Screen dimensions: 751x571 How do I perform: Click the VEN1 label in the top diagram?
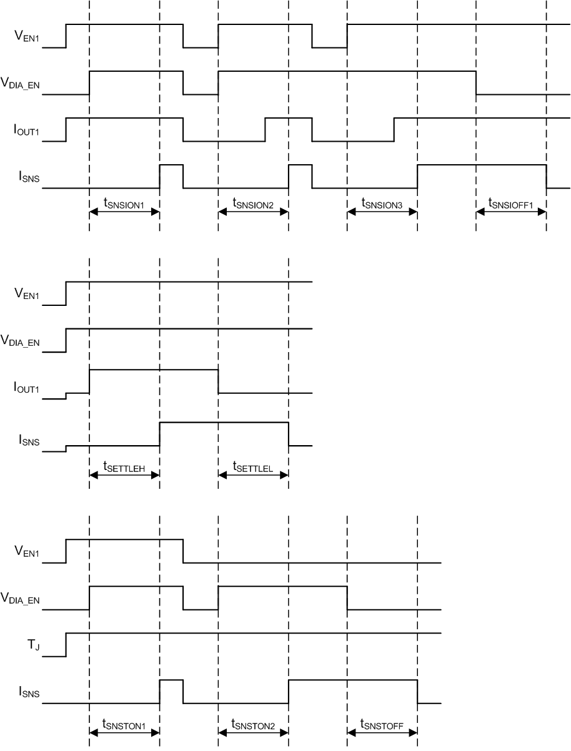tap(27, 36)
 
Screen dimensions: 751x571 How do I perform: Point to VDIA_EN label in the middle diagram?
tap(21, 341)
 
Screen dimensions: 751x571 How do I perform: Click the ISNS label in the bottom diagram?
tap(29, 692)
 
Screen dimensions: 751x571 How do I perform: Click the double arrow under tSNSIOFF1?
tap(511, 212)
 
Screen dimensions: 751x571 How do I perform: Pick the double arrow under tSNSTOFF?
tap(382, 734)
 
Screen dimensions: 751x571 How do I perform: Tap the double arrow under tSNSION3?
tap(382, 212)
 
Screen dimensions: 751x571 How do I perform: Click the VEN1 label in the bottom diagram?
tap(27, 551)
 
